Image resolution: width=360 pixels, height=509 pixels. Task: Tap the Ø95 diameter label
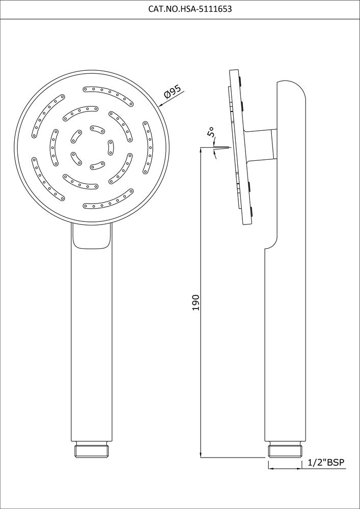click(173, 92)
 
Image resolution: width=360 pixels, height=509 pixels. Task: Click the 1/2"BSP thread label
click(326, 463)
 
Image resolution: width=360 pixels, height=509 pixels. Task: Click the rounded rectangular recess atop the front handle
click(92, 237)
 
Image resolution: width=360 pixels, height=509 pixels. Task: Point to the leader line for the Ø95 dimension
click(171, 99)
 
